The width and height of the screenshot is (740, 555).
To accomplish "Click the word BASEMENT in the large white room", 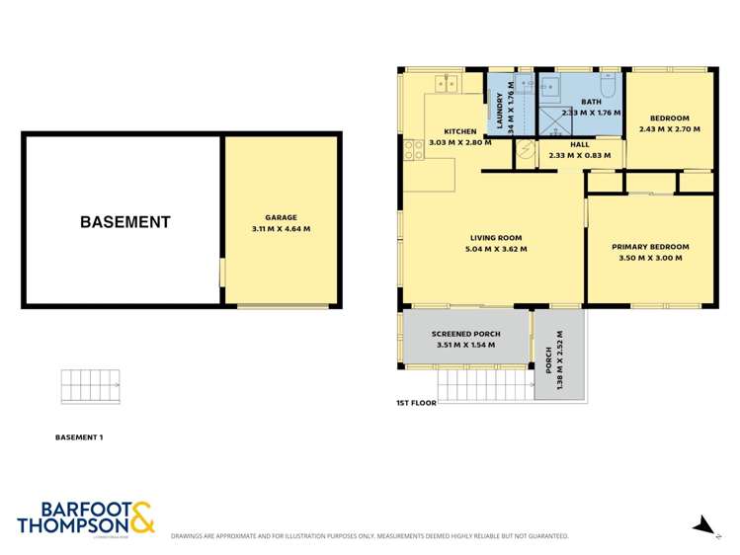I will [125, 222].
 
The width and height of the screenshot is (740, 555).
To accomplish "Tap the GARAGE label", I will [281, 217].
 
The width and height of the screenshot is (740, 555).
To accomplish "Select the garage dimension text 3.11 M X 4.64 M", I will [281, 229].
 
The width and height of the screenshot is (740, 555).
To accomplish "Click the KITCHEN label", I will [459, 131].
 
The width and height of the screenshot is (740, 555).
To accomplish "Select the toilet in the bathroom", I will [609, 88].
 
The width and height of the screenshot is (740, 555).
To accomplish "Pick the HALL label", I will [579, 144].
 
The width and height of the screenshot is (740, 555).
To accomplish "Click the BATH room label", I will [591, 102].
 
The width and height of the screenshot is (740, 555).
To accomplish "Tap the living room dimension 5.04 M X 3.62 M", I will [497, 249].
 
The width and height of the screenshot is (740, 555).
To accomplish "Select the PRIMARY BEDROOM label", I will [649, 247].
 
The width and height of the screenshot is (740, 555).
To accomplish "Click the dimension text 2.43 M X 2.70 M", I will [669, 129].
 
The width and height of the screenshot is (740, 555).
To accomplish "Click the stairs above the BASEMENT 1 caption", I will [90, 386].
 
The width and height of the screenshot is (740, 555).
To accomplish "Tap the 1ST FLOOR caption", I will [417, 403].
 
